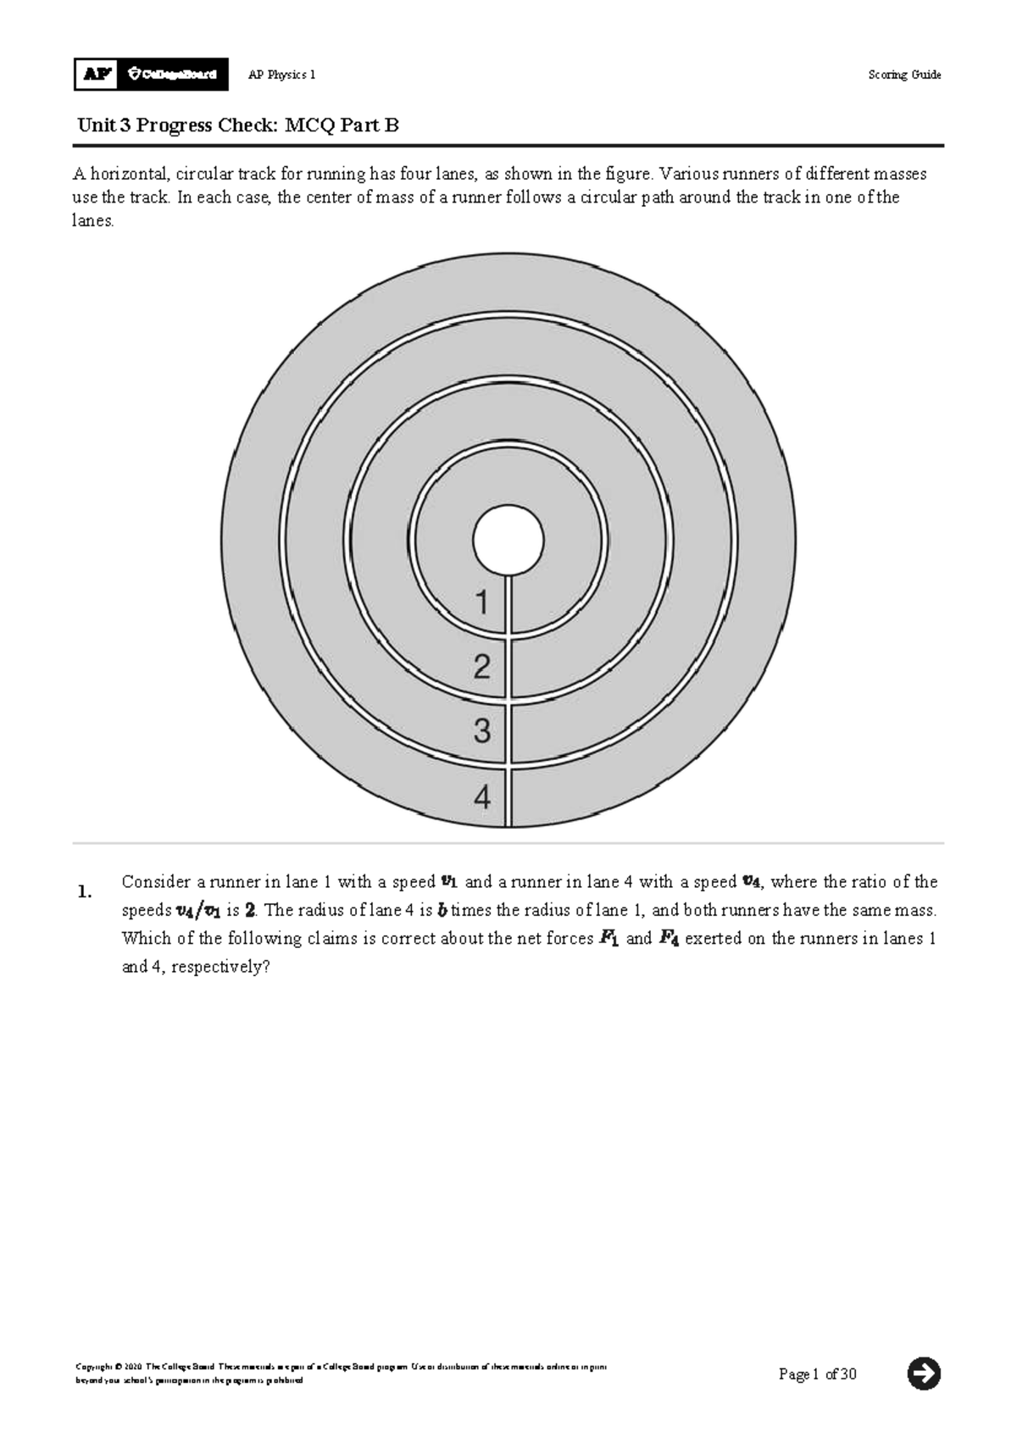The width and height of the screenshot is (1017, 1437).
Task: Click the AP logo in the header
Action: click(97, 75)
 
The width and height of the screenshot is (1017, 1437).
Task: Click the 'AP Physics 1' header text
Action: click(281, 75)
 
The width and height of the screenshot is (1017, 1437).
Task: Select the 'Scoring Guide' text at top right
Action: click(904, 75)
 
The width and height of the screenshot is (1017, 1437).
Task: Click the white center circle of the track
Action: click(508, 541)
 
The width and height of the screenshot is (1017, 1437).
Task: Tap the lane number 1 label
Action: click(482, 603)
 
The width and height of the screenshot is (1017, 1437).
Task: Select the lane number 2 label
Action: click(482, 668)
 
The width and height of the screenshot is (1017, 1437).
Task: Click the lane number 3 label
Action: click(482, 731)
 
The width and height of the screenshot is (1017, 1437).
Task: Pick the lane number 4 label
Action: click(482, 797)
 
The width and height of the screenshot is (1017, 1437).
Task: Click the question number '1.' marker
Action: click(84, 891)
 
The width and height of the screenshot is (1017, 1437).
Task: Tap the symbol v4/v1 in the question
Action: click(198, 912)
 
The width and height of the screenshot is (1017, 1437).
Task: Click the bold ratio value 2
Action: click(250, 911)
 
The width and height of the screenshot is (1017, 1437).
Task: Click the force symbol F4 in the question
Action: click(669, 939)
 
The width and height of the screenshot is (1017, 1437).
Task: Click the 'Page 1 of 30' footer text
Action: click(817, 1373)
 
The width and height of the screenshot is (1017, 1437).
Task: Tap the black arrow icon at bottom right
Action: click(924, 1373)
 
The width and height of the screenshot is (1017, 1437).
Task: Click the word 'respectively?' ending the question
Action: click(220, 967)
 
